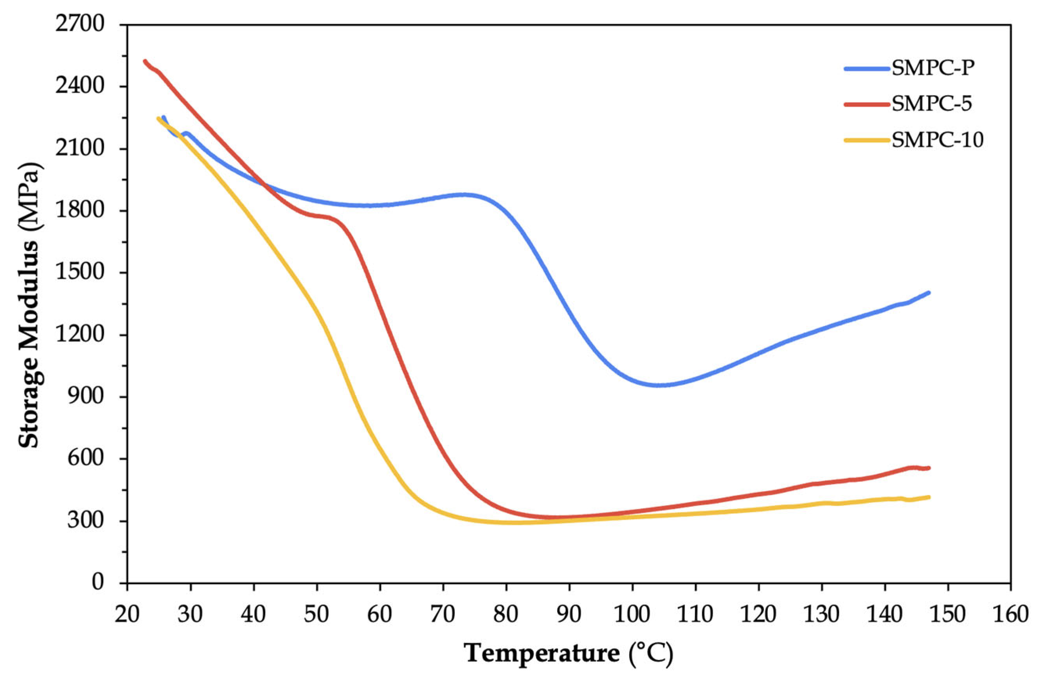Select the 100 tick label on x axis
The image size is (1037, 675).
[x=632, y=614]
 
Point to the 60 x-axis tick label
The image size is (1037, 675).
[x=380, y=614]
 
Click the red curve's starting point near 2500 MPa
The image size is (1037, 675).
[x=145, y=61]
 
